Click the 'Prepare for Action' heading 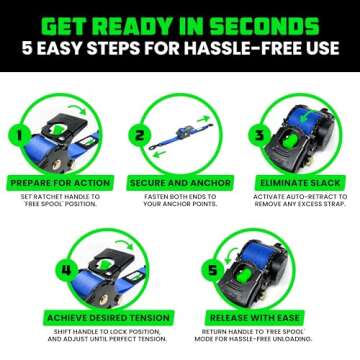click(59, 184)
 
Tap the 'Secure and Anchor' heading click(180, 184)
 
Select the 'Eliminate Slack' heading click(300, 184)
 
